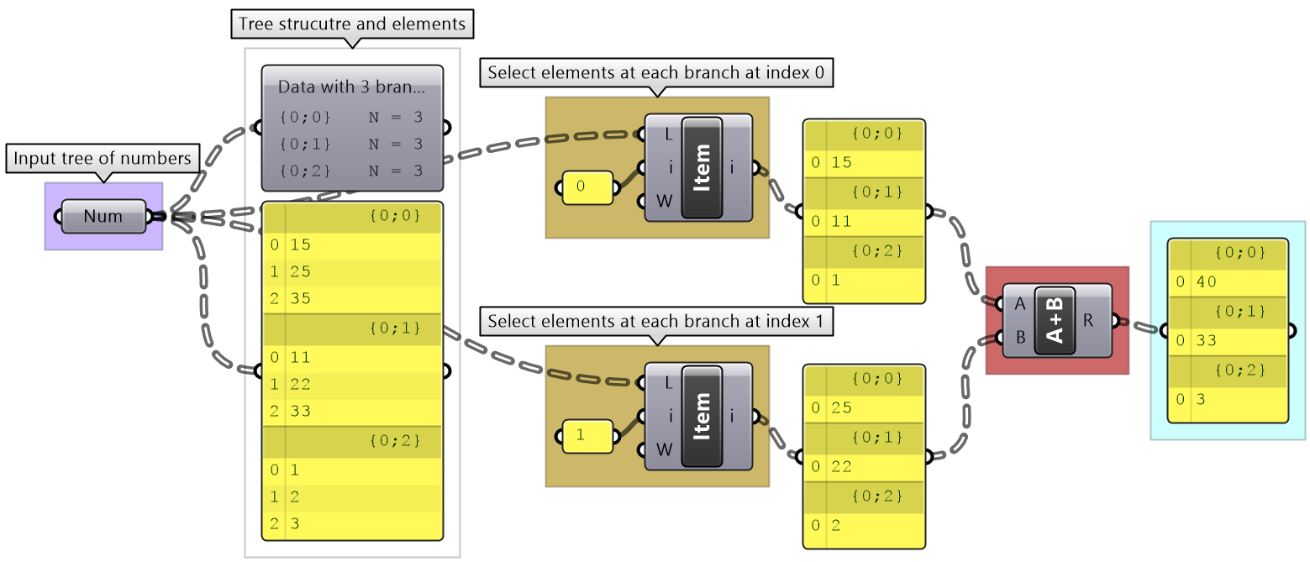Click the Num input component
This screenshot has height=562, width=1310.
click(x=103, y=217)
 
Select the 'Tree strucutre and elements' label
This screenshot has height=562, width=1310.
click(x=352, y=24)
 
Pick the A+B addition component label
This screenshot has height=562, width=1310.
click(x=1055, y=321)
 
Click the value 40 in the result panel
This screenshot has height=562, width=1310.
click(x=1206, y=282)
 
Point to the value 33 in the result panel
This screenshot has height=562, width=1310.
click(x=1206, y=341)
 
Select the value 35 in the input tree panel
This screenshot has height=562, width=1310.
click(x=300, y=299)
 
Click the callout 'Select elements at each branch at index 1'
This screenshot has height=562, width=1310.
click(x=656, y=322)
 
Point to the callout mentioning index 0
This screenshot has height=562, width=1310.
click(x=656, y=73)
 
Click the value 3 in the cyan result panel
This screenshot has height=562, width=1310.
click(x=1201, y=400)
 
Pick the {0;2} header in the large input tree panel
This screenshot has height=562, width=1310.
click(x=394, y=440)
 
